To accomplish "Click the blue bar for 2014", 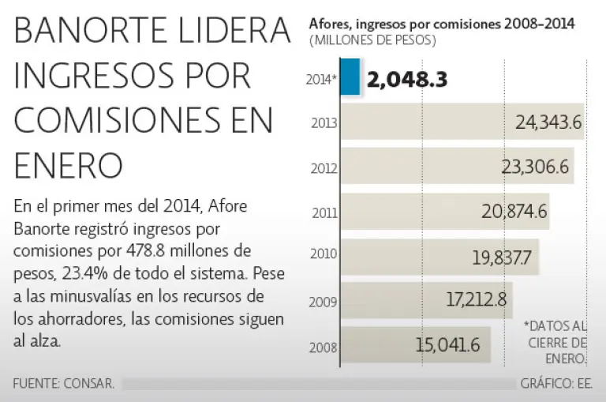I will (352, 77).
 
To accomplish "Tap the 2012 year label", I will (324, 167).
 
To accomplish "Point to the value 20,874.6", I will (514, 212).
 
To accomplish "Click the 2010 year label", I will (324, 256).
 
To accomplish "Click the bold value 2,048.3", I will (407, 78).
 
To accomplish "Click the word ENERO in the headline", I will (69, 166).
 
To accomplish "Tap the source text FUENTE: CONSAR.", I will (64, 384).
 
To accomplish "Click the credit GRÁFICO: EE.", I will (556, 384).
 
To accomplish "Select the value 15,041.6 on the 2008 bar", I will (447, 344).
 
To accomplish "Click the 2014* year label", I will (322, 78).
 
